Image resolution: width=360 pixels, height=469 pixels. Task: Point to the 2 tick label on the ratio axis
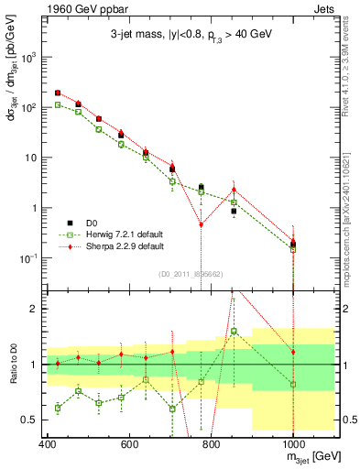tap(34, 309)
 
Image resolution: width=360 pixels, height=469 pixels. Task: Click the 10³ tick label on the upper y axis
tap(28, 57)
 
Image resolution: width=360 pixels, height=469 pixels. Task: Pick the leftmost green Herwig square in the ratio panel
tap(58, 408)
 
